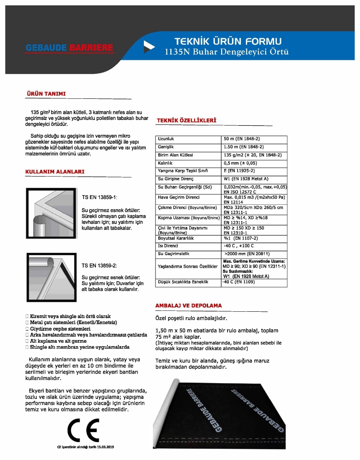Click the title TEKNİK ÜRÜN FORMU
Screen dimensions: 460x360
point(228,41)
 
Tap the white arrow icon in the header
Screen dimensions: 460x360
point(149,47)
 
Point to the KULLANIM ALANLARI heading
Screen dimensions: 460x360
point(55,172)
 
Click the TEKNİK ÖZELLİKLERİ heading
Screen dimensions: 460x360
point(187,120)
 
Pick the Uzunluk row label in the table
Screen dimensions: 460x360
point(166,139)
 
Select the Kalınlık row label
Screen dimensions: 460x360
point(165,163)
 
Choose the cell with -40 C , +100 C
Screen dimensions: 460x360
point(239,246)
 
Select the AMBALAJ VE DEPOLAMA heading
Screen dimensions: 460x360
point(188,305)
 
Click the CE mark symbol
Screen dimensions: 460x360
point(83,431)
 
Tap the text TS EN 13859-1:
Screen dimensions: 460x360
point(99,197)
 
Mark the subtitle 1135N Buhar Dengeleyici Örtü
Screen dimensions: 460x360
point(227,52)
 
